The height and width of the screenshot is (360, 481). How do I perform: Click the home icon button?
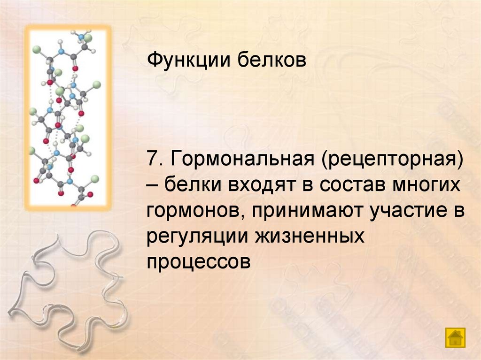pyautogui.click(x=455, y=337)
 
